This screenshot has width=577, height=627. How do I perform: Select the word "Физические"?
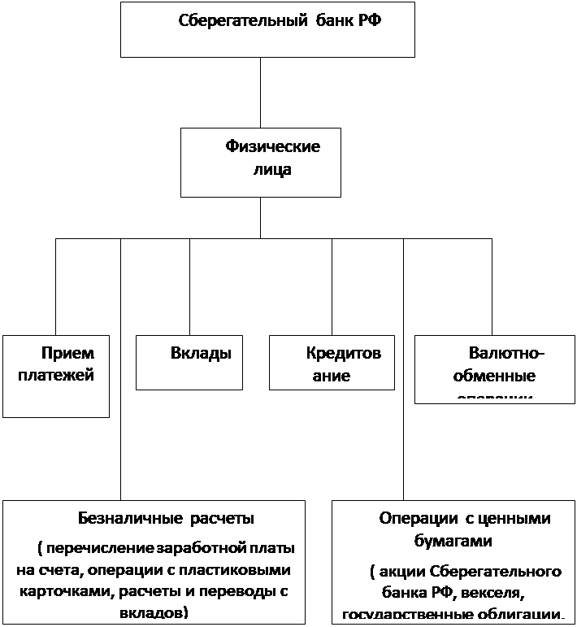pyautogui.click(x=272, y=147)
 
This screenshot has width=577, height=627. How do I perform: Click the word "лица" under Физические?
pyautogui.click(x=268, y=171)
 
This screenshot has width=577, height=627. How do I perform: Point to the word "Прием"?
pyautogui.click(x=67, y=353)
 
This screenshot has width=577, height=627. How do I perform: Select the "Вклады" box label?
pyautogui.click(x=201, y=353)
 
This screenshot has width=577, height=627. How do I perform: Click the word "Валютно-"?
pyautogui.click(x=507, y=353)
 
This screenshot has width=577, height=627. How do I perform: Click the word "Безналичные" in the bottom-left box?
pyautogui.click(x=131, y=518)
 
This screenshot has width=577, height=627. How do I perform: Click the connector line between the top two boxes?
pyautogui.click(x=260, y=94)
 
